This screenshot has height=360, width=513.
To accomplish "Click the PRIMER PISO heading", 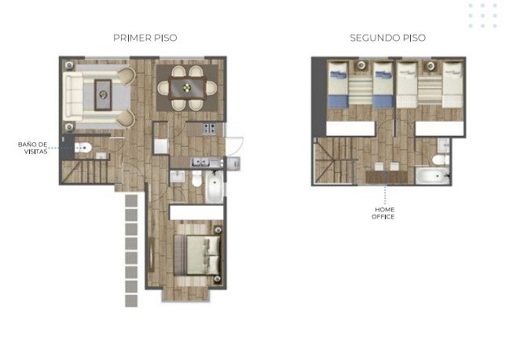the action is click(145, 38).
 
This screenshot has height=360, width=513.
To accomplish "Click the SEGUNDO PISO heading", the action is click(387, 38).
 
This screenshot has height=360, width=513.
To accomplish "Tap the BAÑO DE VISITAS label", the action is click(33, 148).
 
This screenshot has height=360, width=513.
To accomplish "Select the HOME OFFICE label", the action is click(383, 213).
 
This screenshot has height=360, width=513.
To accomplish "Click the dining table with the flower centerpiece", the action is click(188, 88).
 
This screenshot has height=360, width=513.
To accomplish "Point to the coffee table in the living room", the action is click(103, 95).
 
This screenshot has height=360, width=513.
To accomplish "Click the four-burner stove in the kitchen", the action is click(209, 128).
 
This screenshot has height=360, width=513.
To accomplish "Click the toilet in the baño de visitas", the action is click(82, 148).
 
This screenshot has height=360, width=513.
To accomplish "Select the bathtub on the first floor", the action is click(214, 187).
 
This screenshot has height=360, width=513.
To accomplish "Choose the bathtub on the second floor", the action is click(433, 176).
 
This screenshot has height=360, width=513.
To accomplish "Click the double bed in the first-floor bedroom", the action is click(197, 255).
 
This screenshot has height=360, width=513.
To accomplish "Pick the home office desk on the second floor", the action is click(387, 177).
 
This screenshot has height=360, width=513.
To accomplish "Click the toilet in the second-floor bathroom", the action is click(441, 160).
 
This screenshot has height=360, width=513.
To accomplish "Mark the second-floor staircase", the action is click(335, 160).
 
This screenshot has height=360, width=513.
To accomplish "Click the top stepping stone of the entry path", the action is click(131, 200).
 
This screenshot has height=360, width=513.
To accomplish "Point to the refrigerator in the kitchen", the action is click(161, 146).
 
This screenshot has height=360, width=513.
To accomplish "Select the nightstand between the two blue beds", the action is click(361, 66).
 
